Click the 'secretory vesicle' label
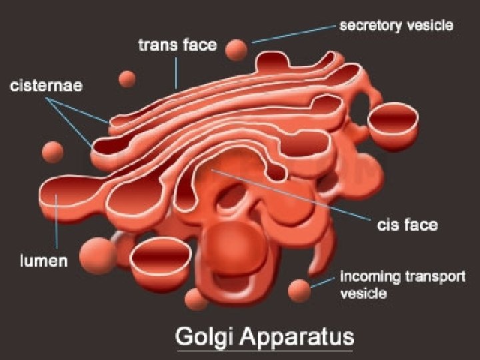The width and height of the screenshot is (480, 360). pyautogui.click(x=396, y=26)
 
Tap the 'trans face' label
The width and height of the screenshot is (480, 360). pyautogui.click(x=177, y=45)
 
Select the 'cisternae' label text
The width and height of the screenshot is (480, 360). pyautogui.click(x=46, y=87)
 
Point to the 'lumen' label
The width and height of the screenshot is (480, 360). pyautogui.click(x=42, y=260)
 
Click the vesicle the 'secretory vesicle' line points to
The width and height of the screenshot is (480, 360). pyautogui.click(x=236, y=49)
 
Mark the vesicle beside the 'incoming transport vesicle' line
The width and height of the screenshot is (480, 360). pyautogui.click(x=299, y=290)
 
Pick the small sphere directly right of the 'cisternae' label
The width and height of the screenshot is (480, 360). pyautogui.click(x=127, y=79)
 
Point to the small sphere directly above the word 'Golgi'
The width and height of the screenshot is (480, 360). pyautogui.click(x=196, y=299)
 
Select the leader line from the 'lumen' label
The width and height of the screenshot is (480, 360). pyautogui.click(x=58, y=224)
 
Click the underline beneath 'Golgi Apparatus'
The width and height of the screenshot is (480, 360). pyautogui.click(x=264, y=349)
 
